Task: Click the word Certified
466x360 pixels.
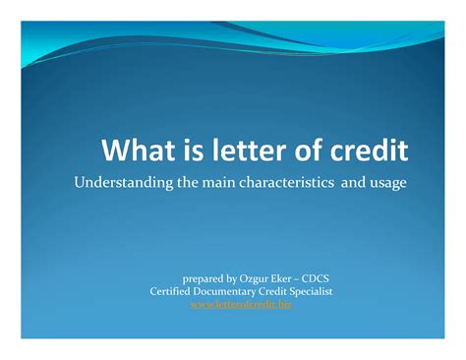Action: (x=173, y=291)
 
